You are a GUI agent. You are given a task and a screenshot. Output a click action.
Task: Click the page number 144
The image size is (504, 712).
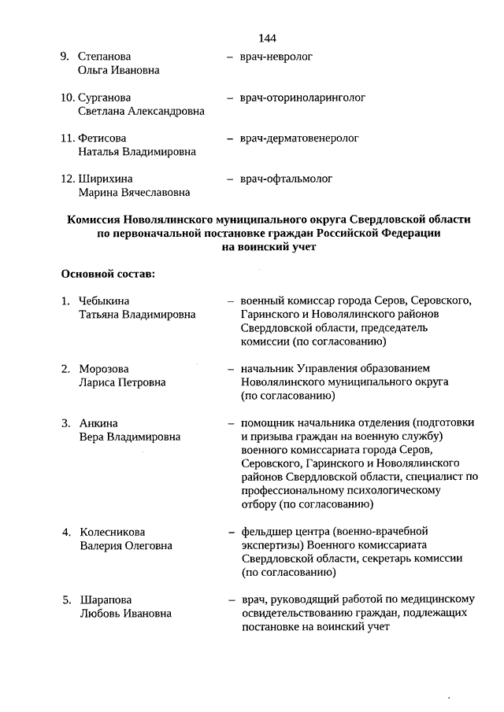pos(266,39)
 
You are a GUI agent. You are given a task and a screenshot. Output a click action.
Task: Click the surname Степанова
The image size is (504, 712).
pos(105,57)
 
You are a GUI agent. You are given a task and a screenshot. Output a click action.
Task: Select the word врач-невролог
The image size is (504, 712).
pos(276,57)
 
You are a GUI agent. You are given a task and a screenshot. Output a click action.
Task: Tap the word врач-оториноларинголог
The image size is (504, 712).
pos(302,98)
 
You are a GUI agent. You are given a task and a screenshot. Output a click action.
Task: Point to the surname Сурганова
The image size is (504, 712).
pos(105,98)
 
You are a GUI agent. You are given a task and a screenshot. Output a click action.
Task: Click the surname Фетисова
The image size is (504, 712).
pos(102,138)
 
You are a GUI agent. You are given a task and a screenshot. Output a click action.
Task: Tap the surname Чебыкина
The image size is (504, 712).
pos(105,301)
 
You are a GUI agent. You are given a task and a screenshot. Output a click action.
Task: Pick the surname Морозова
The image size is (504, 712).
pos(104,368)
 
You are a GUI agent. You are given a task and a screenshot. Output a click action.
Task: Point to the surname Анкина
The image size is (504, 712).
pos(98,423)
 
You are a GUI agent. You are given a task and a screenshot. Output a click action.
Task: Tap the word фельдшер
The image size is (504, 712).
pos(265,531)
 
